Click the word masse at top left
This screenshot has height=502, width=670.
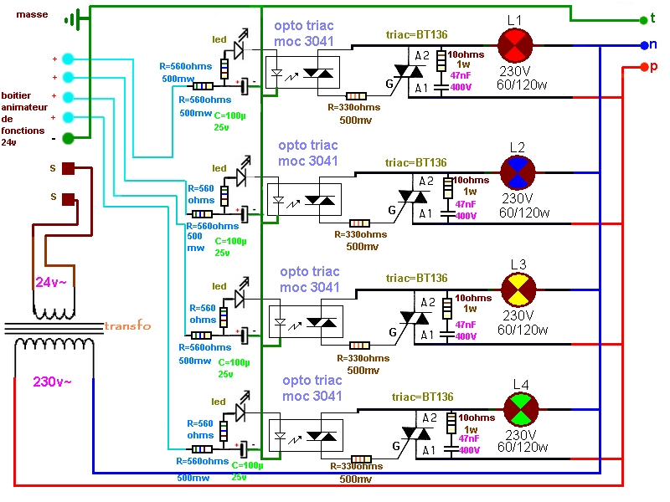coord(32,14)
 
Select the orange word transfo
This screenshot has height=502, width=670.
coord(127,325)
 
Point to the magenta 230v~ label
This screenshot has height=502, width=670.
coord(52,382)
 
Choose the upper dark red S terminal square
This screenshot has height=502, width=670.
coord(70,168)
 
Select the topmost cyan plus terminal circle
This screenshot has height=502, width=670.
coord(69,59)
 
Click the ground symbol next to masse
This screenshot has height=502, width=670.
coord(76,18)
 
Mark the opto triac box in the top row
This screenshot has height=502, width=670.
coord(301,72)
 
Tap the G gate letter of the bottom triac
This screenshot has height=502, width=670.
coord(387,446)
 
